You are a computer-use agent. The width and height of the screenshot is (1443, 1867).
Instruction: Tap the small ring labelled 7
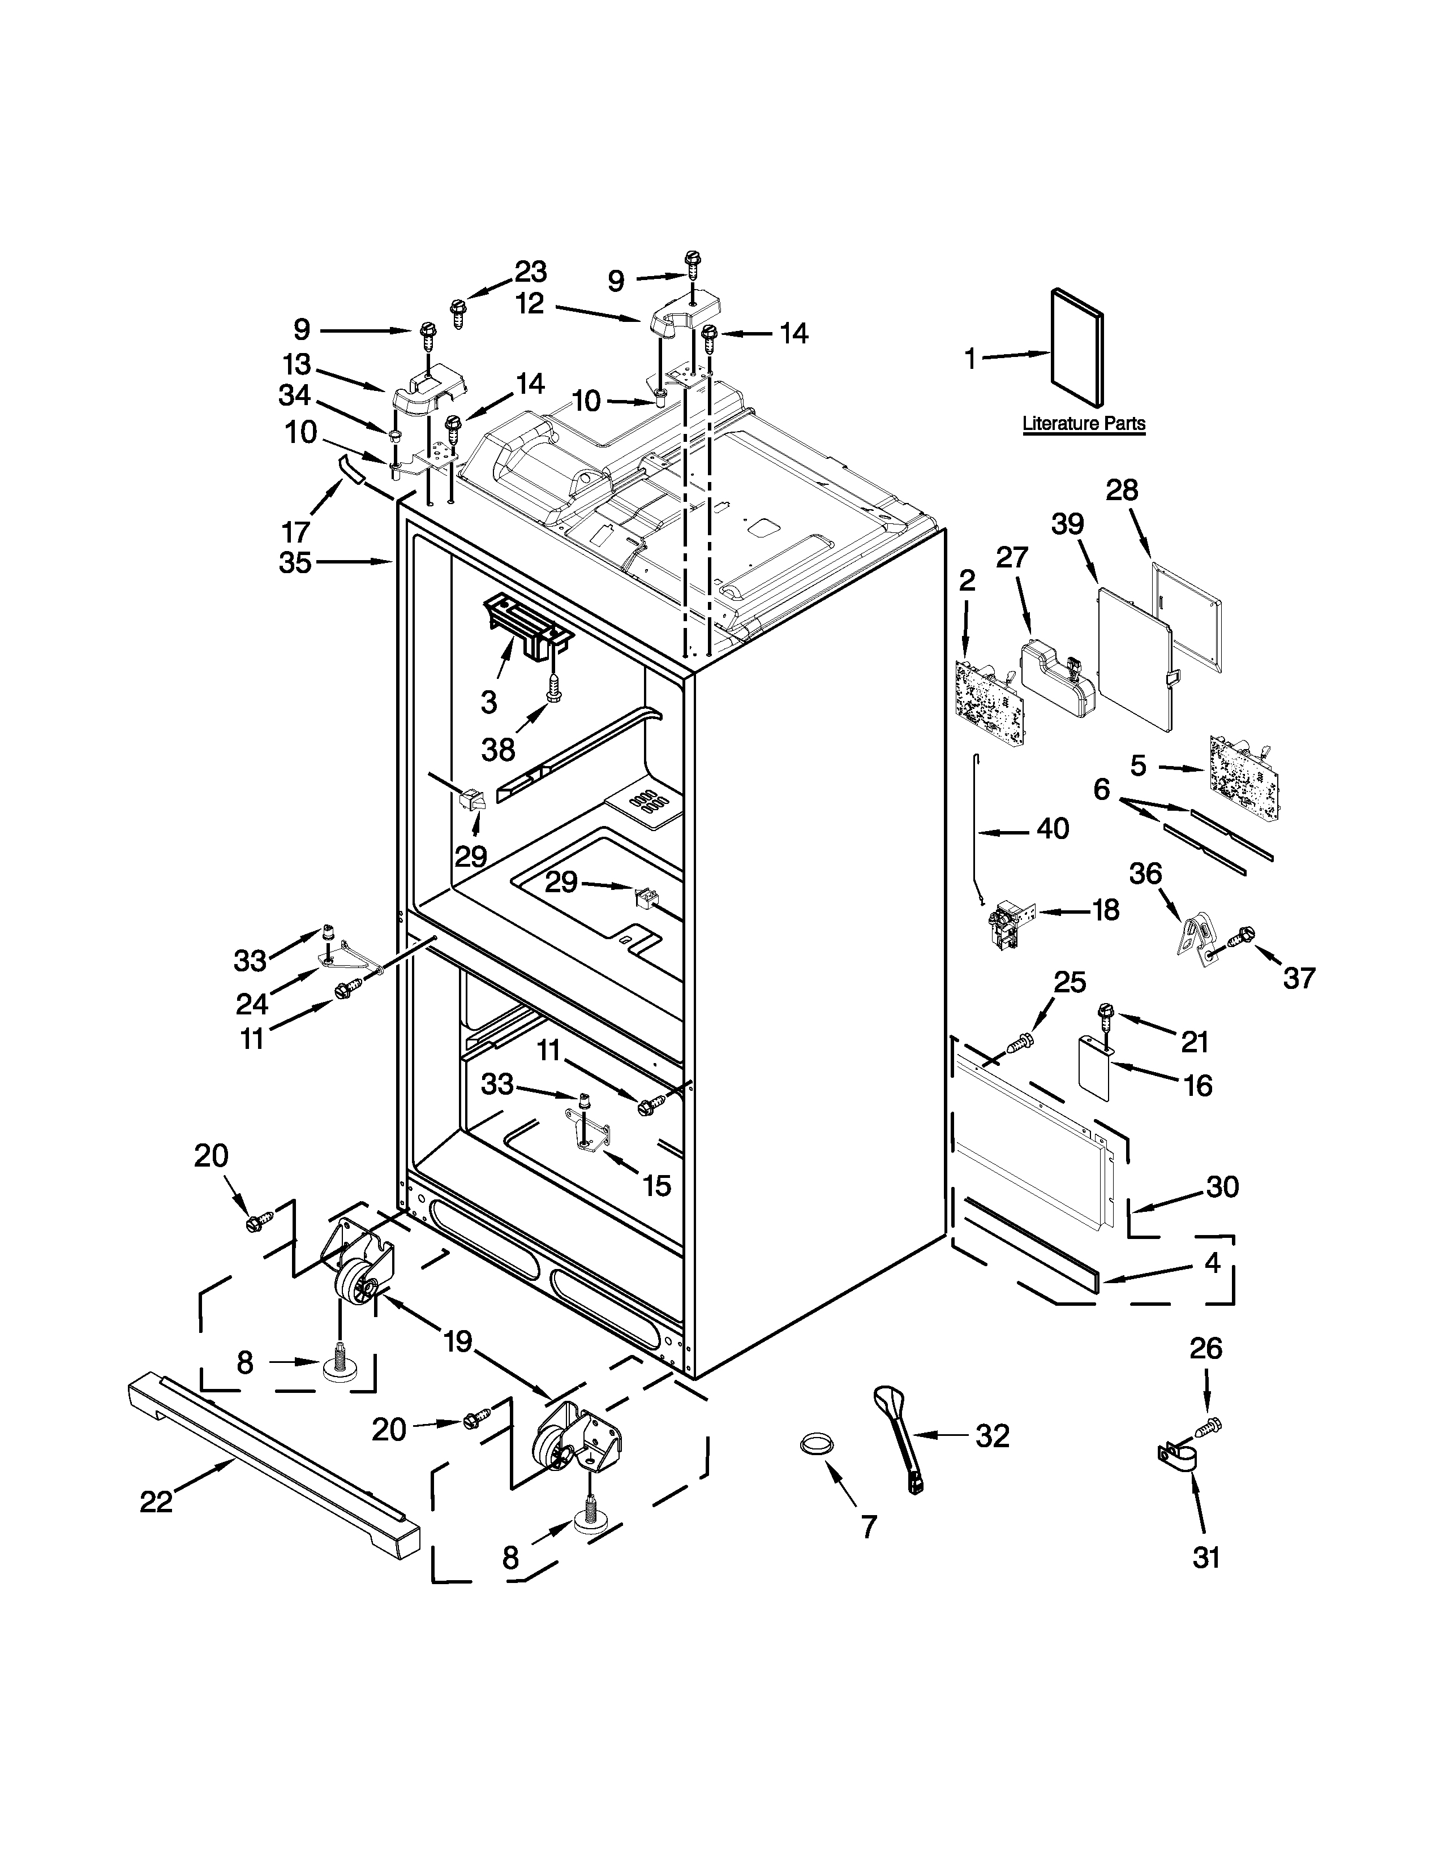point(817,1443)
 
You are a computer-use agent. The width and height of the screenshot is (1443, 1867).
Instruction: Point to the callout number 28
point(1122,490)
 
